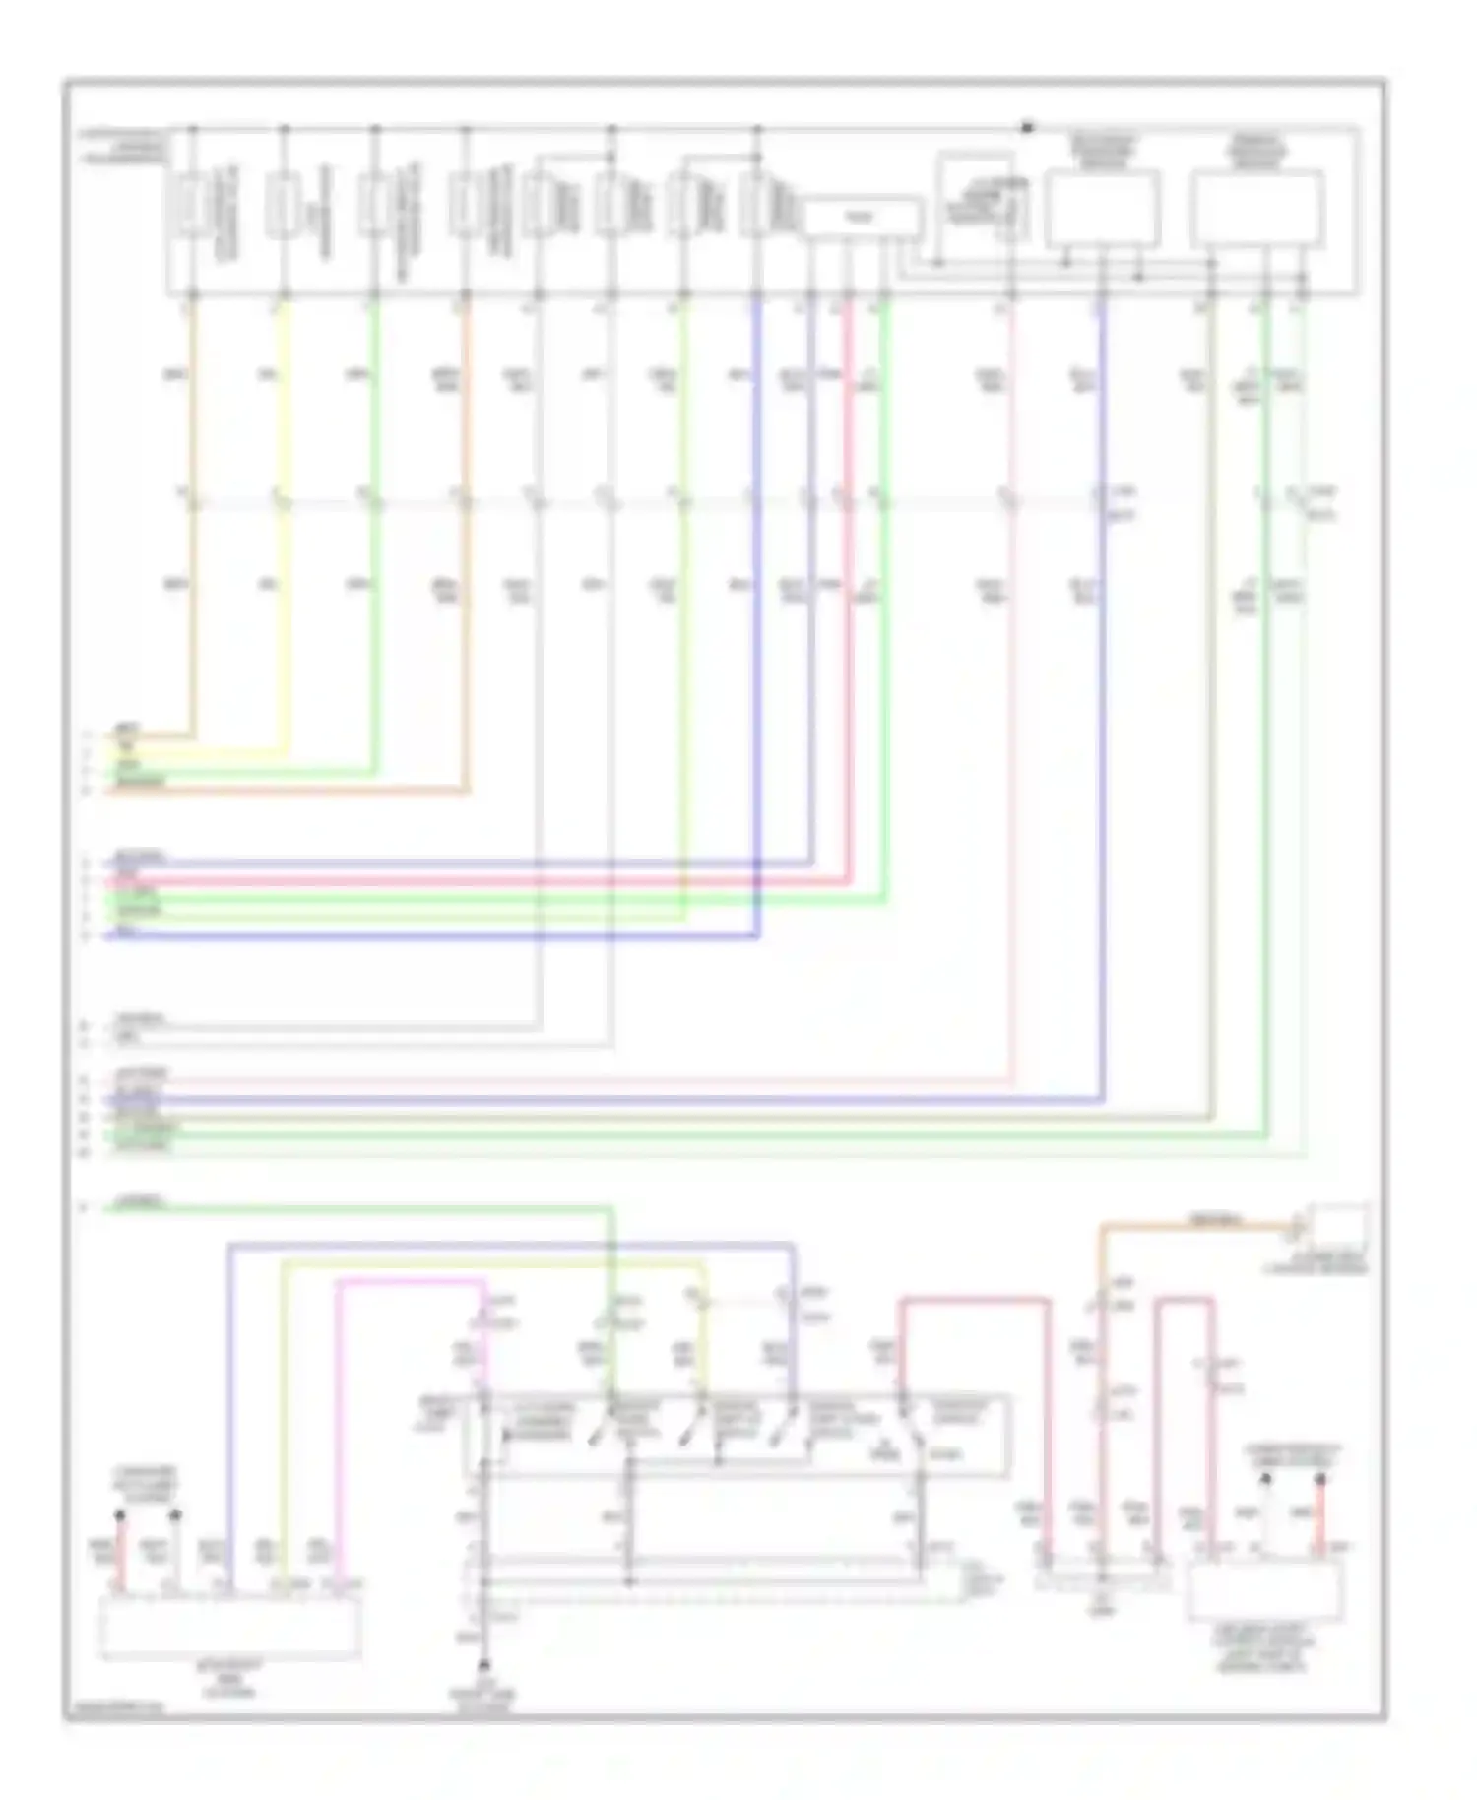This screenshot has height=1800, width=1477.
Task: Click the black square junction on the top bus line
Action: (1027, 127)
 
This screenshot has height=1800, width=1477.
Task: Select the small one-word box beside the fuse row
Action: (863, 218)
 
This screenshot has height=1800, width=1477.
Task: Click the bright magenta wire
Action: (338, 1428)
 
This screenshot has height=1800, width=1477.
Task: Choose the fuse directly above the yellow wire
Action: (284, 206)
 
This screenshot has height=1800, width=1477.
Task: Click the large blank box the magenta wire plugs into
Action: (229, 1625)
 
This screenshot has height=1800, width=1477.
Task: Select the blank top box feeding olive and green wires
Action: (1256, 209)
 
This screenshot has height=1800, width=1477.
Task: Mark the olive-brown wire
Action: (689, 1118)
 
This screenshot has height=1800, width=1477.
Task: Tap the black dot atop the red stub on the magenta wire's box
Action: (120, 1514)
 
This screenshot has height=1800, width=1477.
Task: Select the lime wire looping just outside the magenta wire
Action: (284, 1428)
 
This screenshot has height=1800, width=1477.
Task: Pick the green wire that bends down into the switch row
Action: (394, 1208)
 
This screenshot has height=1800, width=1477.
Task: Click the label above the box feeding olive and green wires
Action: (1255, 150)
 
